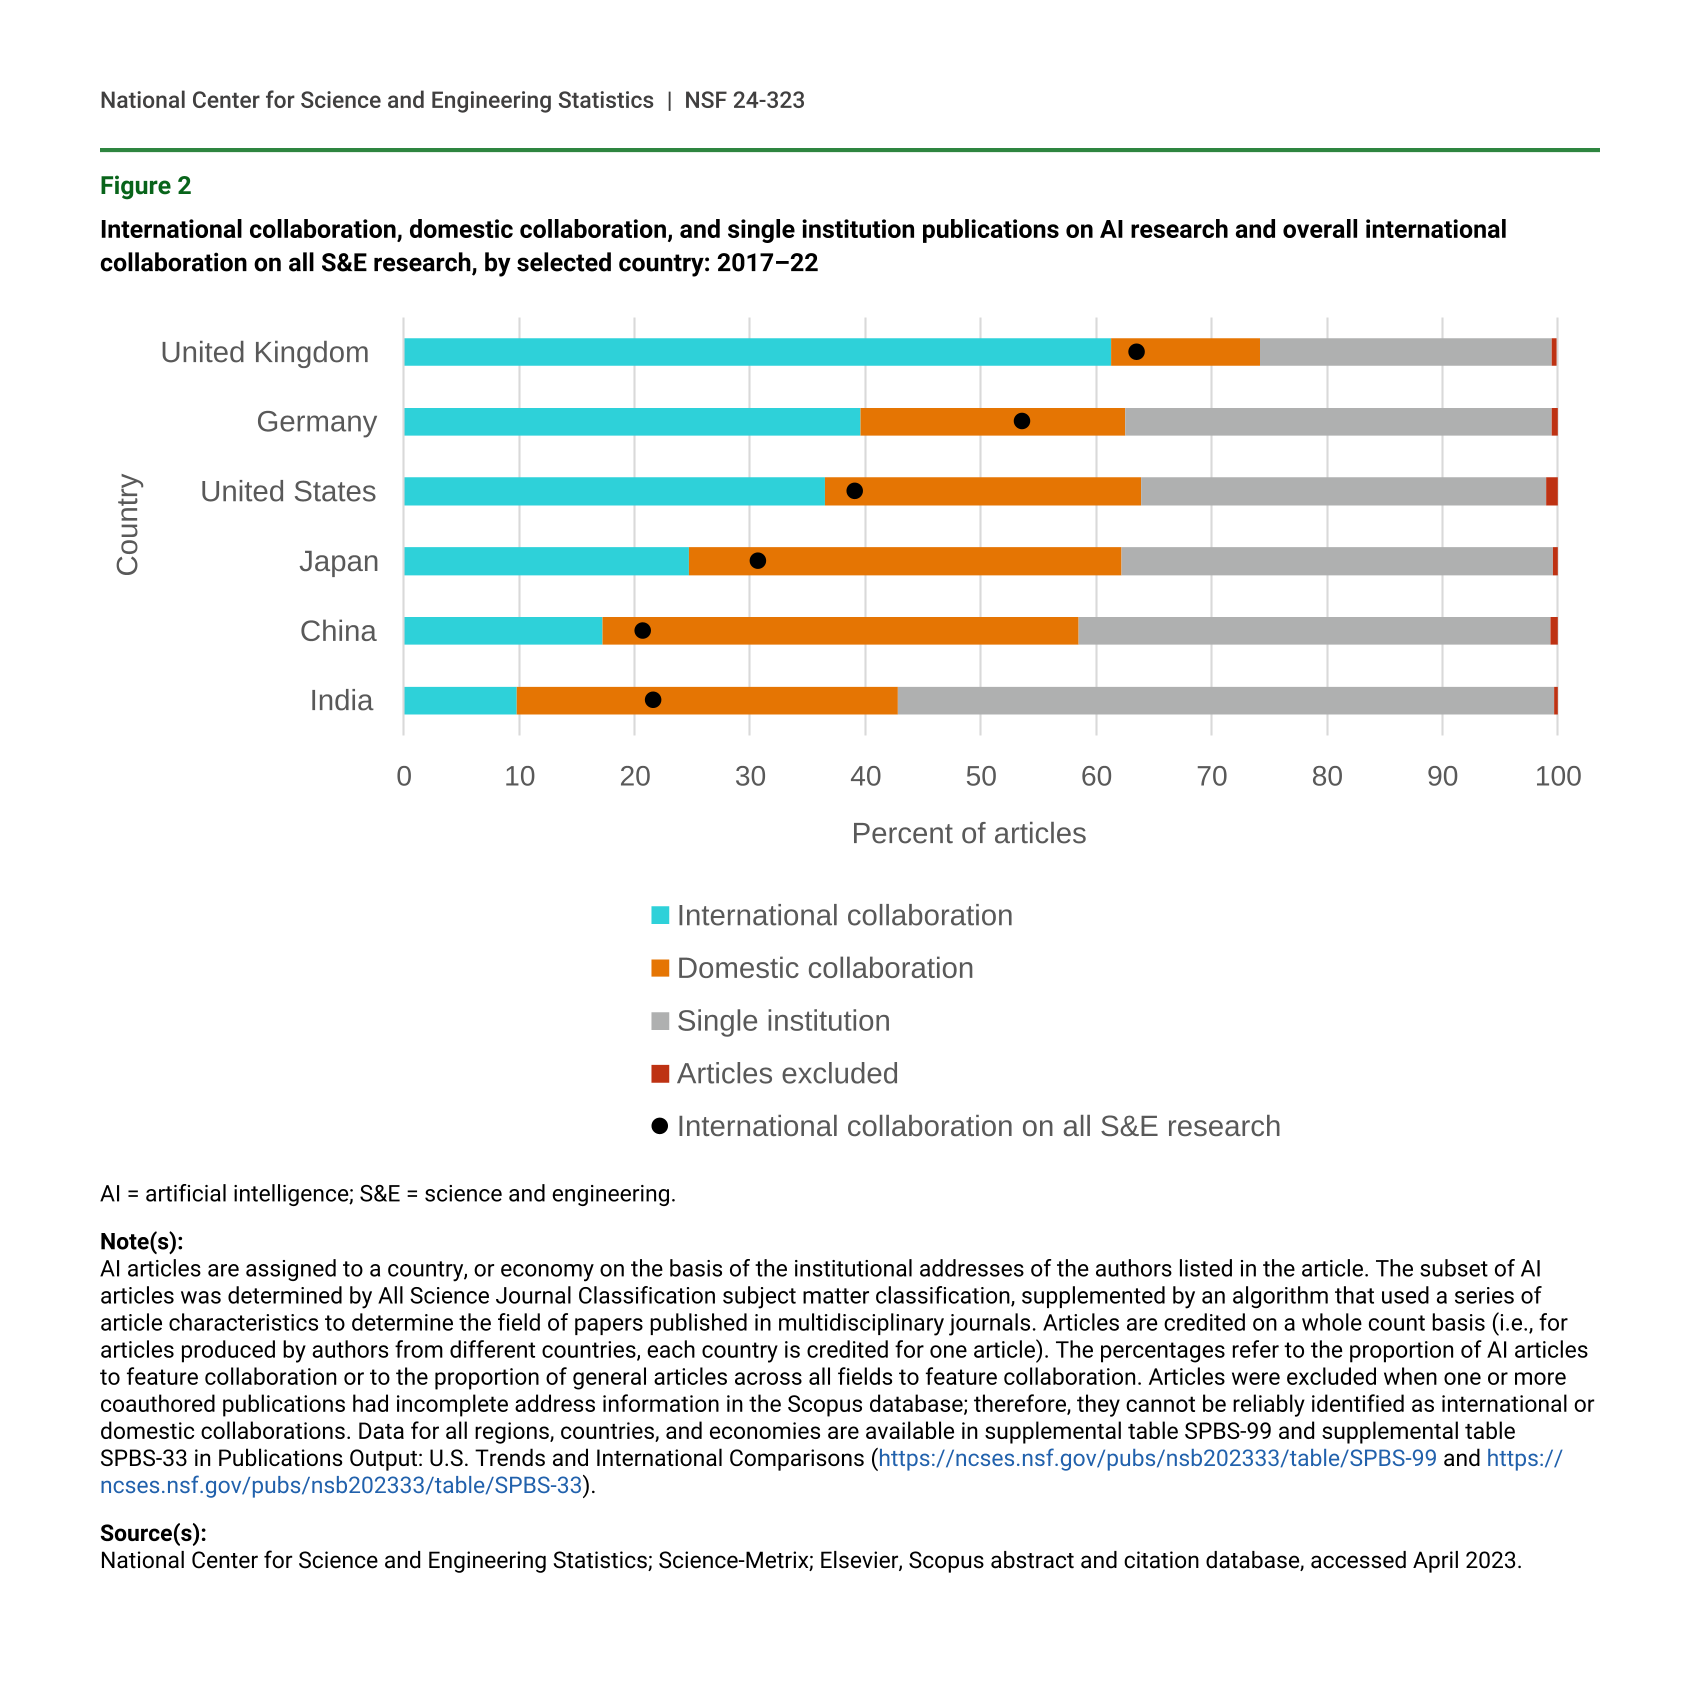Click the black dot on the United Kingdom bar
1136,352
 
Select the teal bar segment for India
460,701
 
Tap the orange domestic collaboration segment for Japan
905,561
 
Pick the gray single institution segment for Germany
1338,422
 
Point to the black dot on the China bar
643,631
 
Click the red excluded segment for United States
1552,492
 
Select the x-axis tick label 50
981,777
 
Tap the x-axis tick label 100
1558,777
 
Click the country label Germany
317,422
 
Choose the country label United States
288,492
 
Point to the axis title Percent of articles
968,834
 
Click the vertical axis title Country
128,525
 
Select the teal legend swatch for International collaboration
660,915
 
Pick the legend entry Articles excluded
787,1074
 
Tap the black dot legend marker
660,1126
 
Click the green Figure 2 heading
146,186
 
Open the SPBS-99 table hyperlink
1157,1458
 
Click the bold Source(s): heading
153,1533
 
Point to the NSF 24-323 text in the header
744,100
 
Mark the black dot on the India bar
653,700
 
